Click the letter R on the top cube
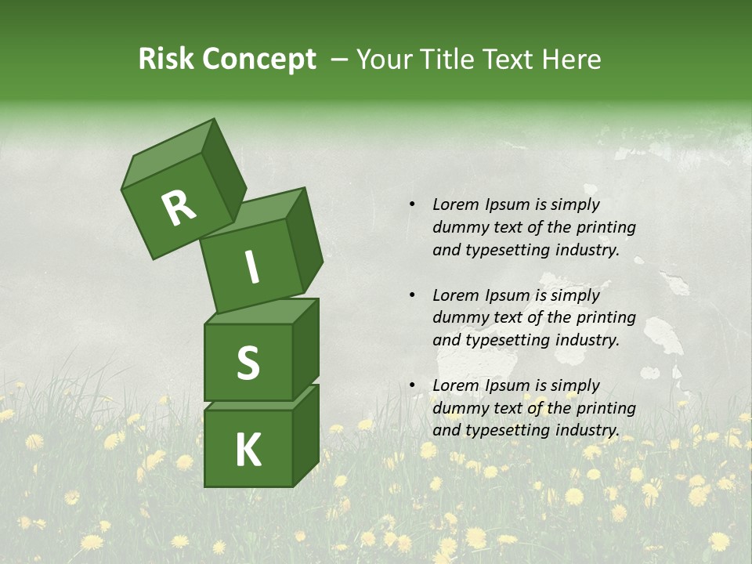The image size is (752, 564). point(179,208)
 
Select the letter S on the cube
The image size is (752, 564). point(248,363)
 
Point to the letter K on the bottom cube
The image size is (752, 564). point(248,450)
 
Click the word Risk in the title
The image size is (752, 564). point(167,60)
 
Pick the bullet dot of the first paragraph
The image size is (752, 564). point(411,204)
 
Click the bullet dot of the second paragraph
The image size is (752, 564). point(411,295)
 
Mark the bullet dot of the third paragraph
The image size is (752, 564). point(411,385)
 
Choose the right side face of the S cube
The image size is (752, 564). point(305,349)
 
